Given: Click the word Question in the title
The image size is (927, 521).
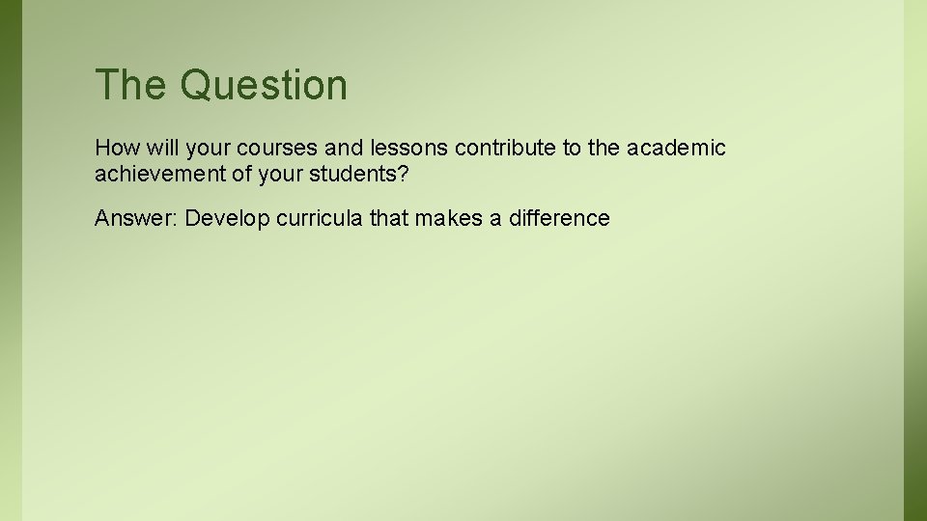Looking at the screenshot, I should tap(263, 86).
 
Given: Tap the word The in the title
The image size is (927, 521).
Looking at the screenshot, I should tap(131, 86).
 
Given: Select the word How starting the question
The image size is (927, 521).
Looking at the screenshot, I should tap(113, 149).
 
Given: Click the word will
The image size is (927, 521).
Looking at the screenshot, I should tap(157, 149).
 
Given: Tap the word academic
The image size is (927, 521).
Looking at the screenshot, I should tap(676, 149).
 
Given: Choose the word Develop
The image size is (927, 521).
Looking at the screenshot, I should tap(227, 219).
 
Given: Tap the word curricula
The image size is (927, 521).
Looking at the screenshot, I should tap(320, 219).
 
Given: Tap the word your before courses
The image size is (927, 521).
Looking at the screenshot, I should tap(204, 149).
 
